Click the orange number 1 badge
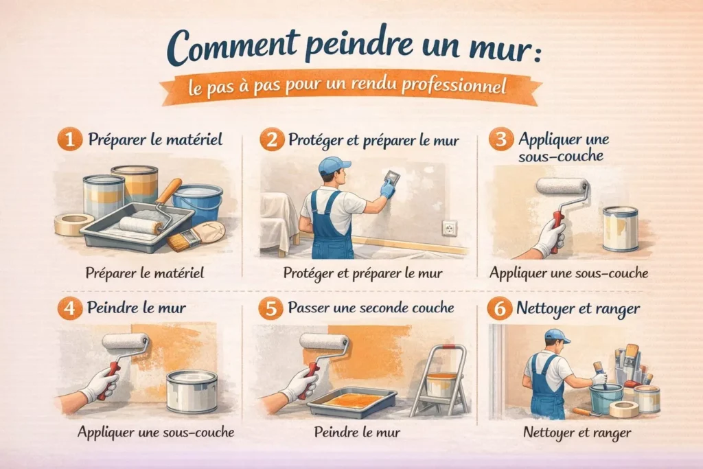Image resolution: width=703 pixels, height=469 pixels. coord(69,139)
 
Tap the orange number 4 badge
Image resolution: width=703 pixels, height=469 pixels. coord(69,308)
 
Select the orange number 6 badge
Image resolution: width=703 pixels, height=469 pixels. coord(500,308)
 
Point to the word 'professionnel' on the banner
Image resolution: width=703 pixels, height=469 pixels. coord(454,85)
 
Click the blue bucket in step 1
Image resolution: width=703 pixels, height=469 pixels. coord(198,203)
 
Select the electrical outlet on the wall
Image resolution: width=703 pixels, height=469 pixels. coord(450,228)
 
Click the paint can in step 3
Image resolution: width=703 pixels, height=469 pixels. coord(620,229)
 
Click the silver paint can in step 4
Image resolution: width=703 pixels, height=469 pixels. coord(192,391)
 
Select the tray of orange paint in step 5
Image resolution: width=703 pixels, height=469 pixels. coord(352,402)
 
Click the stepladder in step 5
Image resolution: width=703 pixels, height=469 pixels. coord(439,380)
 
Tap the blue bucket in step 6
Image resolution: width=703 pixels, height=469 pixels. coord(606,398)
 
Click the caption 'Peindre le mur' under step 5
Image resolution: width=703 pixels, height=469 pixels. coord(357,432)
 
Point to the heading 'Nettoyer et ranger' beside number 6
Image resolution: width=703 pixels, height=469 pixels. coord(578,309)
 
